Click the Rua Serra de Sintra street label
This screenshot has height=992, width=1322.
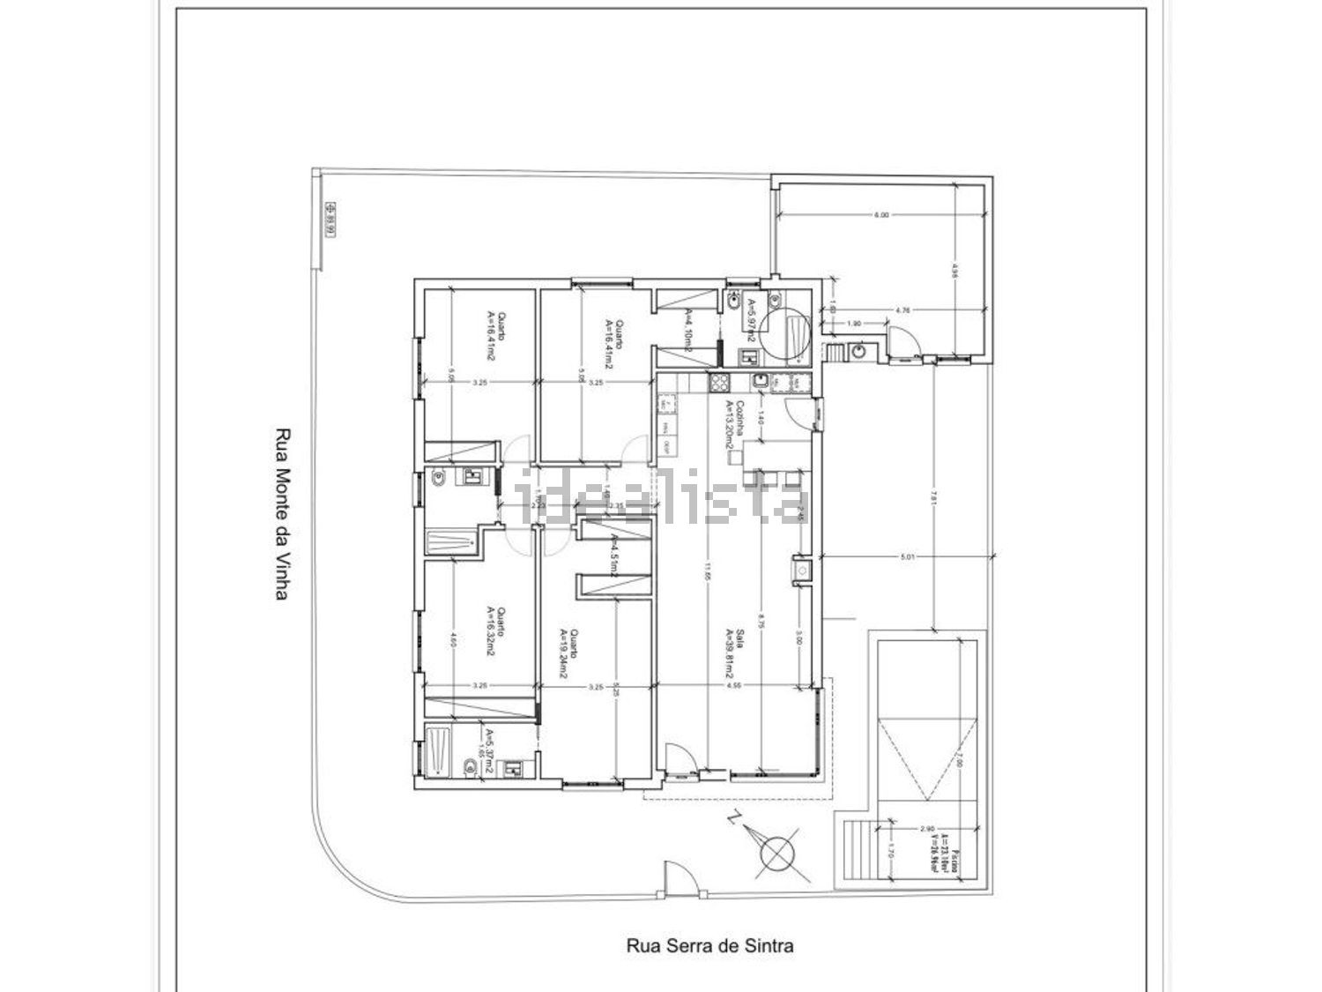click(709, 946)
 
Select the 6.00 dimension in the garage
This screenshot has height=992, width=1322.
click(881, 214)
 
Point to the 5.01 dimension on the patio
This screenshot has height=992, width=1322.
click(909, 556)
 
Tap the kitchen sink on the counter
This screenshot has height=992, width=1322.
click(760, 382)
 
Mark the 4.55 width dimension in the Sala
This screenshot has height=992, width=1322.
click(733, 686)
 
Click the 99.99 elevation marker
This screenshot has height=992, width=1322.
click(330, 220)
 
